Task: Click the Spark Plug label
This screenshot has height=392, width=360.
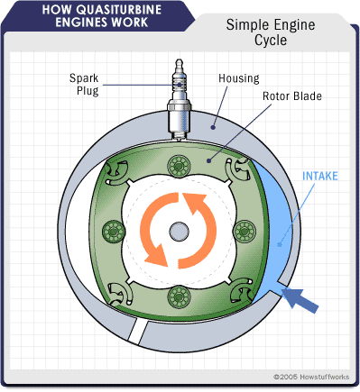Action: [x=84, y=84]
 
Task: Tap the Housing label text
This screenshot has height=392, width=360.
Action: [x=239, y=78]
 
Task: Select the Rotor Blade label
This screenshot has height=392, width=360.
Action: [x=292, y=96]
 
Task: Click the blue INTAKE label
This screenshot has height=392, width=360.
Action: [x=320, y=176]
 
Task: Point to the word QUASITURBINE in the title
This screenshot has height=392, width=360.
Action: [x=119, y=10]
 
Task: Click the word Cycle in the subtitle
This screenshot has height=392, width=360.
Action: [x=271, y=41]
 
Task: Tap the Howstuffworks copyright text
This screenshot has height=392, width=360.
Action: [x=311, y=377]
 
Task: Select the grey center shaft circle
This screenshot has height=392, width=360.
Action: [x=179, y=232]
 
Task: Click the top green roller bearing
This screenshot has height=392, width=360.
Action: [x=179, y=166]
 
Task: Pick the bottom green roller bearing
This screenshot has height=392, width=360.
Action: [x=179, y=296]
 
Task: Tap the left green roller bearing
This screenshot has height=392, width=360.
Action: [x=114, y=232]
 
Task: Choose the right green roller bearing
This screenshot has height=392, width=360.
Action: [x=245, y=232]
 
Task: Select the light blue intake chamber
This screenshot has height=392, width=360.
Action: [x=278, y=228]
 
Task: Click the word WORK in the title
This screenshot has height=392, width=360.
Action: [x=129, y=23]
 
